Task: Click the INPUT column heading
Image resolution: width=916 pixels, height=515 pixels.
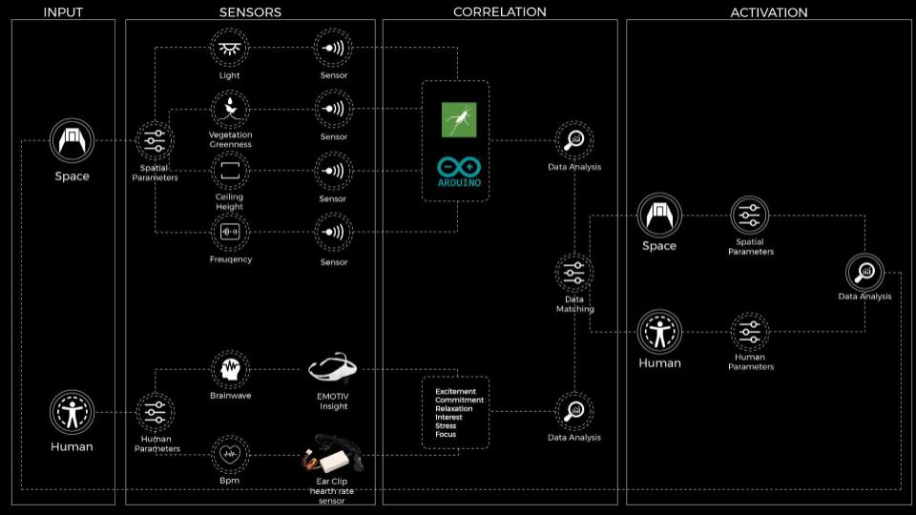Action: point(64,12)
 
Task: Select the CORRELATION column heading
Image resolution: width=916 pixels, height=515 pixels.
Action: point(499,12)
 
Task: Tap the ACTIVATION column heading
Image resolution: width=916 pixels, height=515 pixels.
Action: point(768,12)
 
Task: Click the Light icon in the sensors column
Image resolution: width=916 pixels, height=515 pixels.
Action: point(229,48)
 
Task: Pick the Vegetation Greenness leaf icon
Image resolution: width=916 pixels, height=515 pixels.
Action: point(229,108)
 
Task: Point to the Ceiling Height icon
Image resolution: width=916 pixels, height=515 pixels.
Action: point(229,171)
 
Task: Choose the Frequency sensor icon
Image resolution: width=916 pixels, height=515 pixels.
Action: point(229,232)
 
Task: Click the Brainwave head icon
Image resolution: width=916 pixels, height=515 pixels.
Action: point(229,368)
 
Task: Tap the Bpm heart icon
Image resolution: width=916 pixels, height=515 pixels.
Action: point(229,453)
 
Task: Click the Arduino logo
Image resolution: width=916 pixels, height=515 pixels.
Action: point(456,170)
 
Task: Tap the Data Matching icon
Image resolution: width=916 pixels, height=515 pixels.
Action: point(574,273)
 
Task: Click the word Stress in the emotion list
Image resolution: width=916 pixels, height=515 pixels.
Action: point(445,425)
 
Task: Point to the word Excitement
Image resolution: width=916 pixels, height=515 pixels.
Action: point(455,391)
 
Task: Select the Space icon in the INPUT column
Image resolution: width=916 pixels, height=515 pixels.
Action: point(71,141)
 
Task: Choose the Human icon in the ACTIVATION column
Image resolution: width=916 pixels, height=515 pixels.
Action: point(659,332)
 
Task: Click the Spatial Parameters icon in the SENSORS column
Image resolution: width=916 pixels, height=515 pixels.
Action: point(154,141)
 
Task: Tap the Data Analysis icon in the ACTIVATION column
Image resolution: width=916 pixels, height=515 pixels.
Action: point(864,272)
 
